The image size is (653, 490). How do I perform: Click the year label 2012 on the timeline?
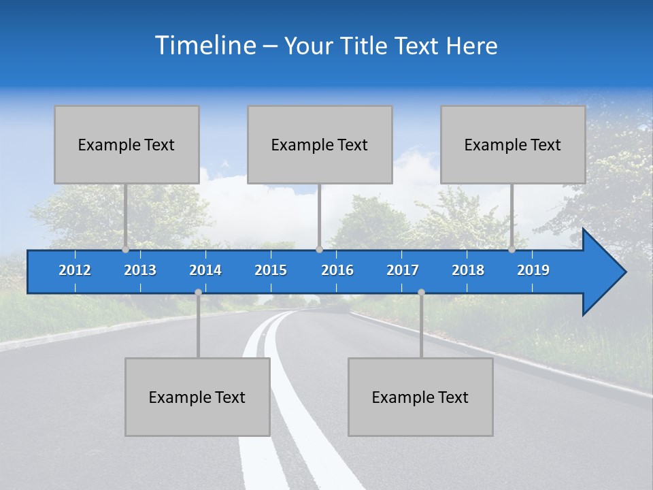pyautogui.click(x=75, y=270)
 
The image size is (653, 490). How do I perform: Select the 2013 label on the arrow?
pyautogui.click(x=140, y=270)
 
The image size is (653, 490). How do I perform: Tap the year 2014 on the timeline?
pyautogui.click(x=205, y=270)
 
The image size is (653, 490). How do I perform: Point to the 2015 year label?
pyautogui.click(x=271, y=270)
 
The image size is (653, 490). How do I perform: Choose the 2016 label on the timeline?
pyautogui.click(x=337, y=270)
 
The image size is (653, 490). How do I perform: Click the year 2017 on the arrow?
pyautogui.click(x=403, y=270)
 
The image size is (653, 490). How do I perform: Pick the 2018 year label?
pyautogui.click(x=468, y=270)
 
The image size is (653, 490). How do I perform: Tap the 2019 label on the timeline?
pyautogui.click(x=533, y=270)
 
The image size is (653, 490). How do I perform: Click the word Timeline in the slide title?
pyautogui.click(x=204, y=46)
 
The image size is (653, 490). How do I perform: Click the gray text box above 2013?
pyautogui.click(x=127, y=145)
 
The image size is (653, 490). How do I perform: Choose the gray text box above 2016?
pyautogui.click(x=320, y=145)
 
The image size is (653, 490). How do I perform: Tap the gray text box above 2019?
pyautogui.click(x=513, y=145)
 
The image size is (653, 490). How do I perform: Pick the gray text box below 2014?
pyautogui.click(x=197, y=397)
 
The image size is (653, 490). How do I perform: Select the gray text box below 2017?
pyautogui.click(x=420, y=397)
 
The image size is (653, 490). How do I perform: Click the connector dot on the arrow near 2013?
pyautogui.click(x=125, y=250)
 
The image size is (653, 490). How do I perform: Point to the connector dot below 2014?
pyautogui.click(x=198, y=292)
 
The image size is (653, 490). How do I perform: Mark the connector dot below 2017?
pyautogui.click(x=421, y=292)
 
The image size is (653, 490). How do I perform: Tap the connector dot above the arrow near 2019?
pyautogui.click(x=512, y=250)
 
